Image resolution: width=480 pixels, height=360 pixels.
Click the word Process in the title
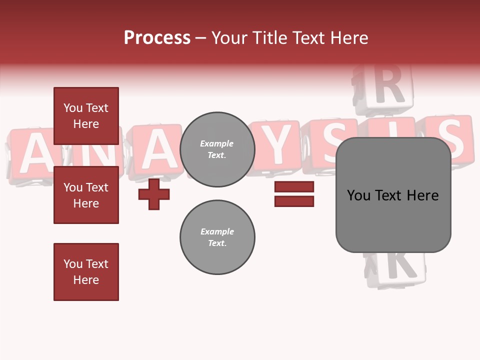point(157,38)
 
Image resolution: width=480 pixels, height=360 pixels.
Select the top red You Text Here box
point(86,116)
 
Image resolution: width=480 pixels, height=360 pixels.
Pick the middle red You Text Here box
point(86,195)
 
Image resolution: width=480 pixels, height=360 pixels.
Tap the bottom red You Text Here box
point(86,272)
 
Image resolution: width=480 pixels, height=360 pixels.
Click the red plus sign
point(154,194)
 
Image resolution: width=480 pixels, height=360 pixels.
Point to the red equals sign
point(294,194)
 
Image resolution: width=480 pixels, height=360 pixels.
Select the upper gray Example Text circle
point(217,149)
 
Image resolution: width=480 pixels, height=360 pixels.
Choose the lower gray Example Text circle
point(217,237)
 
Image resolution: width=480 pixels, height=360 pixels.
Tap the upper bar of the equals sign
point(294,187)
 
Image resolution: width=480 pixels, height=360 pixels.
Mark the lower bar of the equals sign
point(294,201)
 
